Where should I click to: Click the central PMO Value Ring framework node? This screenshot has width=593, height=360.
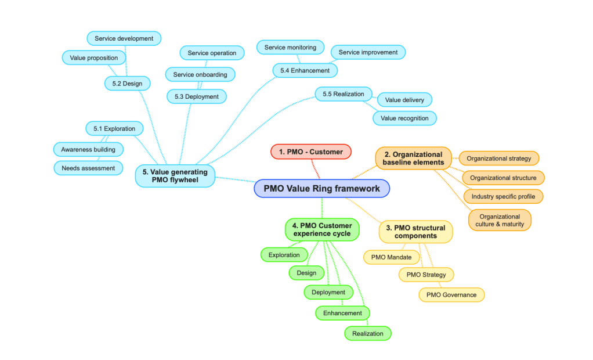point(321,188)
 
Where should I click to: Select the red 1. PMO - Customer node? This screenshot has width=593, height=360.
point(311,152)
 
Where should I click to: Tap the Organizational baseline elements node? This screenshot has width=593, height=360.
point(413,159)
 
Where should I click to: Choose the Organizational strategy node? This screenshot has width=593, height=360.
point(498,158)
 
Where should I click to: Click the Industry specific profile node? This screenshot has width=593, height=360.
point(503,196)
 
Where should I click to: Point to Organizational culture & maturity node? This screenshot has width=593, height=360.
point(500,220)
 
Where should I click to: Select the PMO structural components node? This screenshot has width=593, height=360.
point(415,232)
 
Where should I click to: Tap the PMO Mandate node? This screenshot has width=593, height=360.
point(391,257)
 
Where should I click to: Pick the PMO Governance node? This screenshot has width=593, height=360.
point(451,294)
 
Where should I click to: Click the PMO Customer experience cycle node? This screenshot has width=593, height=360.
point(321,229)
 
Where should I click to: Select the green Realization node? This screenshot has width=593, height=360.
point(367,333)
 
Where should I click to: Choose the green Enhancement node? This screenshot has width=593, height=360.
point(342,313)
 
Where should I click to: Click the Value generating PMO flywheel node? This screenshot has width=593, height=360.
point(175,175)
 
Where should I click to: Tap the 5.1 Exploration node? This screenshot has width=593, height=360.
point(114,128)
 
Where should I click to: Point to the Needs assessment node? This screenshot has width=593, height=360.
point(88,168)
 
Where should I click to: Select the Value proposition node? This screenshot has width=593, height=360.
point(93,57)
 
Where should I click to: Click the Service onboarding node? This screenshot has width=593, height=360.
point(200,74)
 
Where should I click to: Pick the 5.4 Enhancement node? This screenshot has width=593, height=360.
point(305,70)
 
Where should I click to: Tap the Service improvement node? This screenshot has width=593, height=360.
point(368,52)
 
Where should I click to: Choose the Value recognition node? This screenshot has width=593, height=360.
point(404,118)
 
